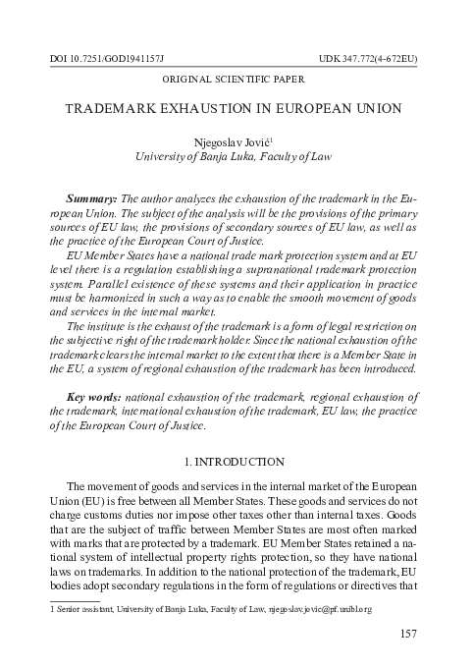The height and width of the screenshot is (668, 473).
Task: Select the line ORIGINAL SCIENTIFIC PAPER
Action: (x=236, y=78)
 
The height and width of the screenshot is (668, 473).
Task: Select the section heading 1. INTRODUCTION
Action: (x=236, y=462)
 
